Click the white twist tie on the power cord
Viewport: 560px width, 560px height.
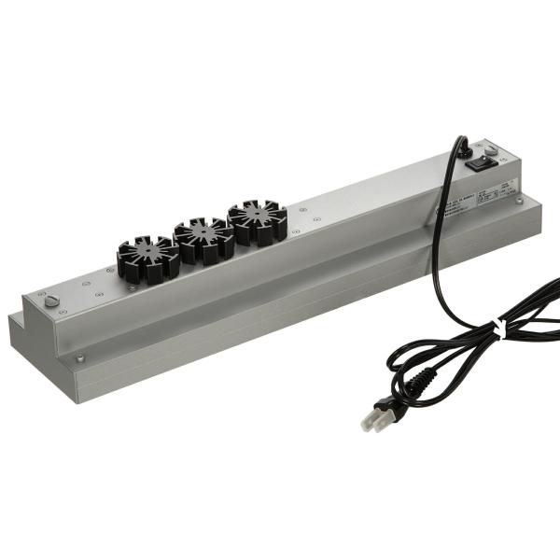point(500,329)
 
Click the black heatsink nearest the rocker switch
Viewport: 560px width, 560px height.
point(257,221)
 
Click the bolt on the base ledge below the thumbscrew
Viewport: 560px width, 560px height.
point(79,357)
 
